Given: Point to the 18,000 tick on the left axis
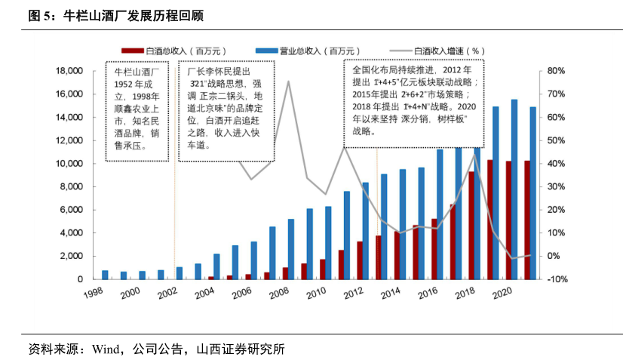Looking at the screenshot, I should point(69,71).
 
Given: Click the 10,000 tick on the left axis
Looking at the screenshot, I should point(69,164).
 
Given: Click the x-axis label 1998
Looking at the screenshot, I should point(94,291).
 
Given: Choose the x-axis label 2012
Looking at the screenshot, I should point(354,291).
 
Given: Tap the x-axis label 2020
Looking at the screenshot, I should point(502,291).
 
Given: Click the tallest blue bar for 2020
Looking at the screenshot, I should point(514,189).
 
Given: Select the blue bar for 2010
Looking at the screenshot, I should point(328,242).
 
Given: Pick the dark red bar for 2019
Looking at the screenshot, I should point(490,219).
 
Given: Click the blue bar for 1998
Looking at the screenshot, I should point(105,275).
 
